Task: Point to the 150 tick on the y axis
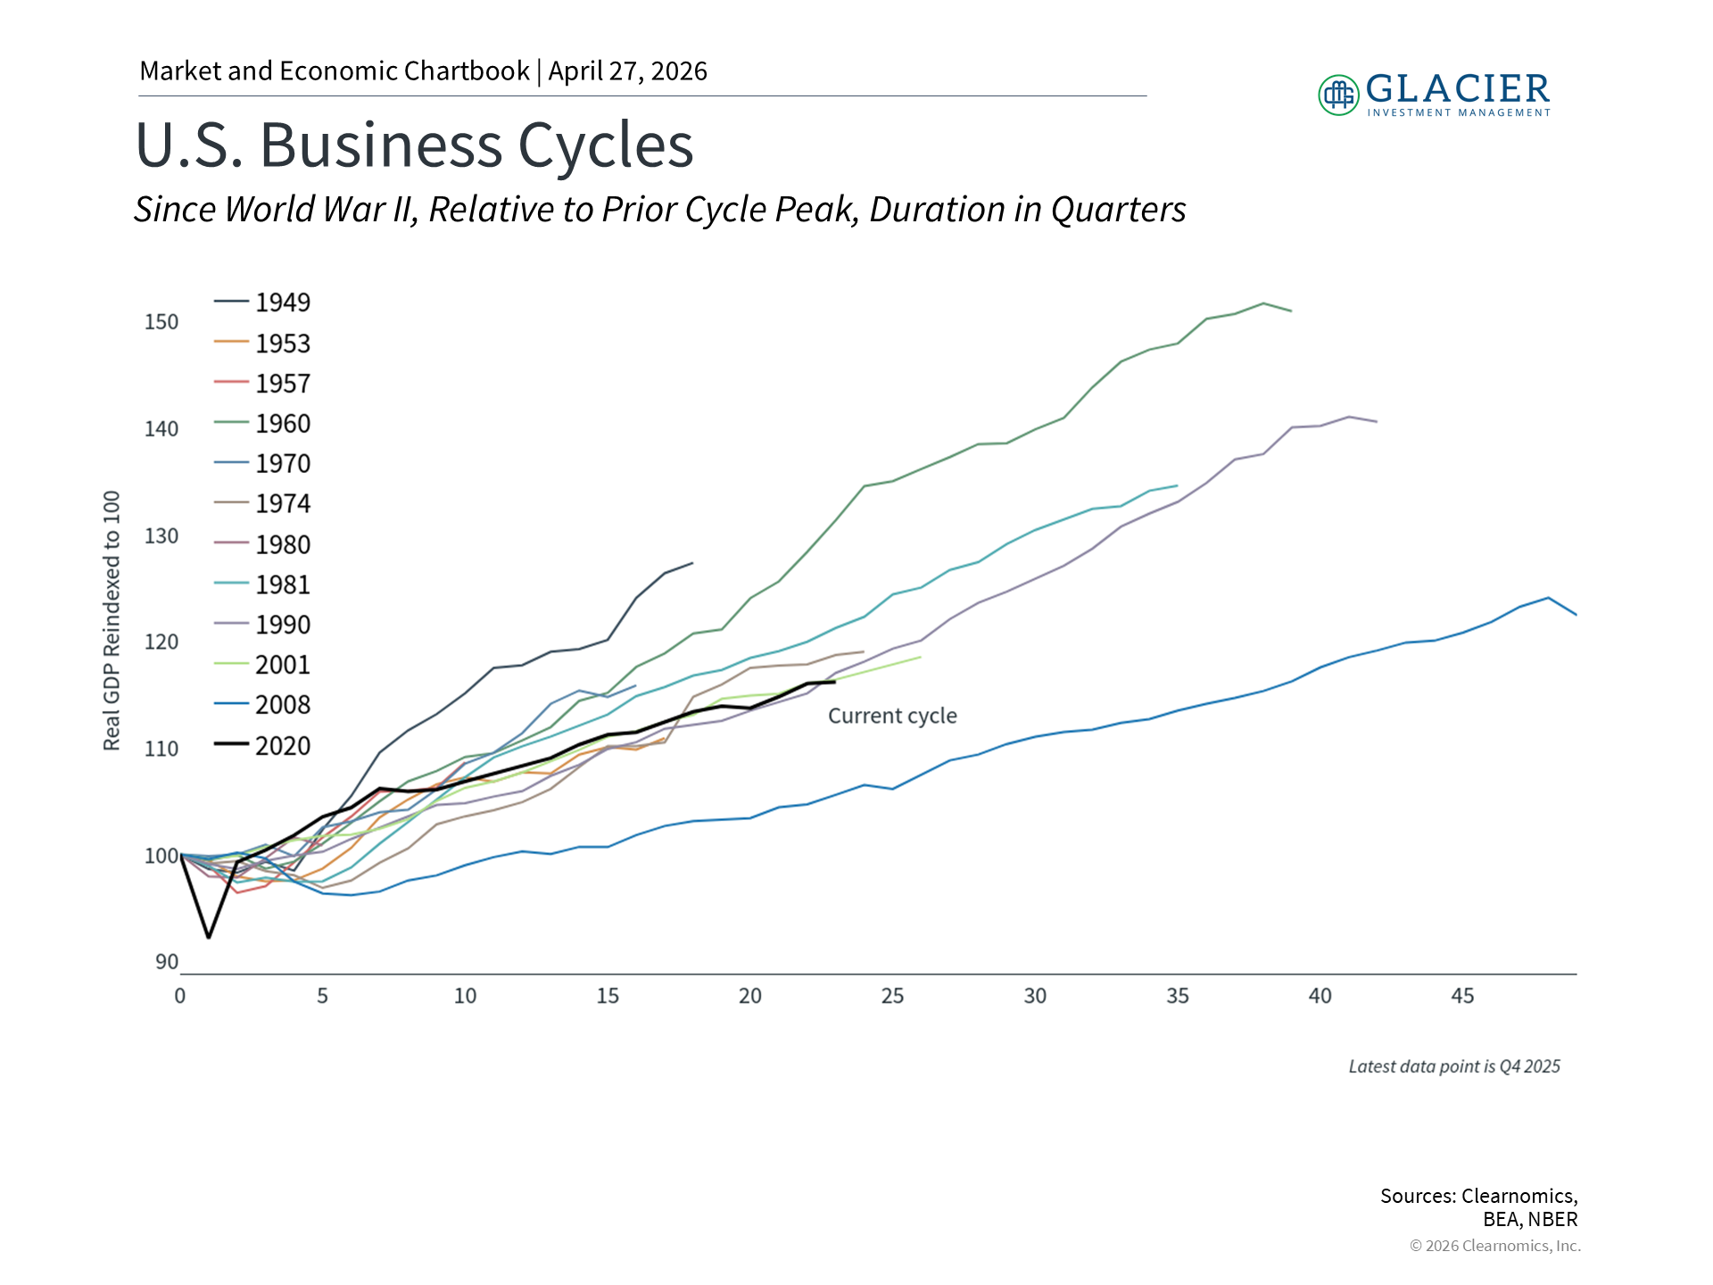click(x=161, y=321)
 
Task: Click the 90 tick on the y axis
click(x=167, y=962)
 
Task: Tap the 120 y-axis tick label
click(x=161, y=642)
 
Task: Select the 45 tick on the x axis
click(x=1462, y=996)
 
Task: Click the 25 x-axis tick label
click(x=892, y=996)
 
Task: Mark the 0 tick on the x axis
click(x=180, y=996)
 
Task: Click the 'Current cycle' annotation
click(x=892, y=716)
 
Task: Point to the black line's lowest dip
click(x=209, y=937)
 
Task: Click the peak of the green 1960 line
click(x=1263, y=303)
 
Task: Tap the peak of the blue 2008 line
click(x=1548, y=598)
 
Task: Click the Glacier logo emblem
click(x=1338, y=95)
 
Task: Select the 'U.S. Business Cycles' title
click(x=414, y=145)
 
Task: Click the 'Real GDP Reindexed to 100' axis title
click(x=112, y=620)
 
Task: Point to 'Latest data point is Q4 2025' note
click(x=1454, y=1066)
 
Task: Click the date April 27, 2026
click(x=627, y=71)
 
